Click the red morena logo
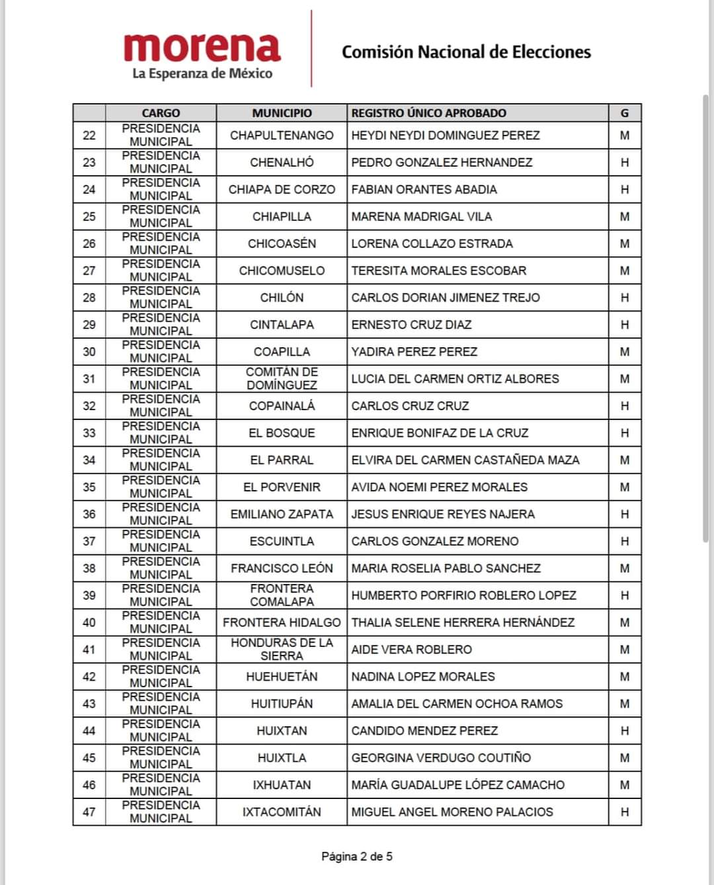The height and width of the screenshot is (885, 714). point(202,48)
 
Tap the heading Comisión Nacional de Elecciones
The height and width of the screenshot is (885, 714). point(466,52)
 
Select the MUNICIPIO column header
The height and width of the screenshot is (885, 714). point(282,113)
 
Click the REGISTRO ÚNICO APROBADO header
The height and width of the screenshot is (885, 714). point(428,113)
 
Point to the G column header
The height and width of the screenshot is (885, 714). point(624,113)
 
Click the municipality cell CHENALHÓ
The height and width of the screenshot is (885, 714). point(282,162)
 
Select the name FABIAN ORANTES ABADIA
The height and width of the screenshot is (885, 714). point(424,189)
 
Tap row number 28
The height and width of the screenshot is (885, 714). point(89,298)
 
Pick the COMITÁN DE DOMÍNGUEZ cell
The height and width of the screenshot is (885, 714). point(282,378)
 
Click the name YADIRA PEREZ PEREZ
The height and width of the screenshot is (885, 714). point(414,352)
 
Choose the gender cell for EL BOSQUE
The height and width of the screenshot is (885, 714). point(624,433)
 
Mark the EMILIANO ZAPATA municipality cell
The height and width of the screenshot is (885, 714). point(282,514)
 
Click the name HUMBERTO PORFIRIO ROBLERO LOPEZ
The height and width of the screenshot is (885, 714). point(463,595)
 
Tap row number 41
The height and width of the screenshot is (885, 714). point(89,650)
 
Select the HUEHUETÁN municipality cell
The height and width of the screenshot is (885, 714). point(282,677)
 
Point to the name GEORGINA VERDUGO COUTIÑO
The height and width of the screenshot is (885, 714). point(441,758)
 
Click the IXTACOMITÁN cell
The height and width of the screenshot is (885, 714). point(282,812)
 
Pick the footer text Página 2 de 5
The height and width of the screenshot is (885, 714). point(357,857)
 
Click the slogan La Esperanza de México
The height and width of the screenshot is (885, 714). point(202,73)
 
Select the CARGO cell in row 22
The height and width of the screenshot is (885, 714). point(161,135)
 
